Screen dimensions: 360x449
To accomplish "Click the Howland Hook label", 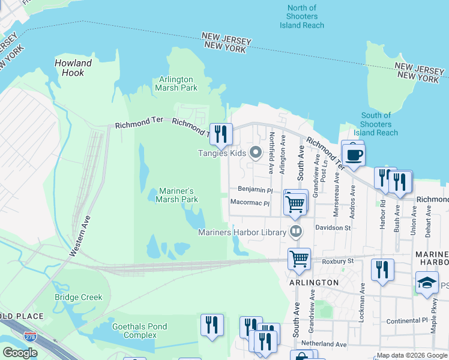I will [73, 68].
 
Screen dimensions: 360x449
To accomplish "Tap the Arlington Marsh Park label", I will [176, 83].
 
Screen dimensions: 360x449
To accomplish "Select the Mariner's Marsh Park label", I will [176, 195].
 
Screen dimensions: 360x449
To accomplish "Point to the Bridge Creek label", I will [78, 297].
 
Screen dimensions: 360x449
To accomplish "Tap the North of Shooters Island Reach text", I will [301, 17].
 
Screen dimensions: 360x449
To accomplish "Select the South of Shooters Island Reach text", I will [376, 124].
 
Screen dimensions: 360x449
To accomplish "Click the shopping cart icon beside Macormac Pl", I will [295, 203].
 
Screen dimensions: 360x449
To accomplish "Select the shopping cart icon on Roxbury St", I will [299, 259].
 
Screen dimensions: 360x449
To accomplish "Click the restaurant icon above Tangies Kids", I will [221, 134].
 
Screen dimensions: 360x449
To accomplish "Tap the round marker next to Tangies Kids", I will [256, 152].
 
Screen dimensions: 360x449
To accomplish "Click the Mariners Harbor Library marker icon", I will [295, 232].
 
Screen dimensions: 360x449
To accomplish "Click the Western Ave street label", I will [79, 236].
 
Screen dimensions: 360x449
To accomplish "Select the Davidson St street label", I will [333, 228].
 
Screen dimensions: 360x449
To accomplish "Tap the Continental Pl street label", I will [409, 321].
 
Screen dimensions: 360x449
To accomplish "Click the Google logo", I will [20, 353].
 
